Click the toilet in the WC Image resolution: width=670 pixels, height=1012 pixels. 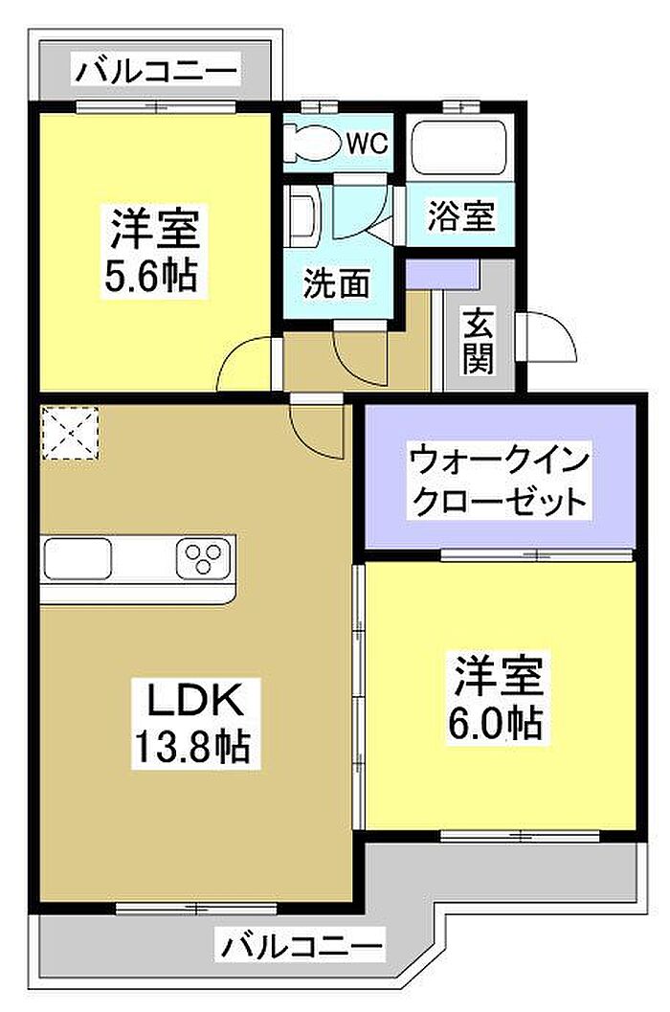click(314, 142)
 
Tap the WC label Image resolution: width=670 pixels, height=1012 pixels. click(367, 144)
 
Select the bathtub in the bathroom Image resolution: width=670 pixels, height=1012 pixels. click(458, 146)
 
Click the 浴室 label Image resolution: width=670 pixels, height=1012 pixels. click(461, 214)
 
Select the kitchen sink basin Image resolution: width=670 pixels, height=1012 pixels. click(78, 558)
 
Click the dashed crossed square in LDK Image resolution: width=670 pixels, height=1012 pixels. click(70, 433)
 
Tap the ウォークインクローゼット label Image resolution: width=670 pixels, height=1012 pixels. click(499, 480)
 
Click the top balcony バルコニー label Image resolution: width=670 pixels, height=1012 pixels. click(156, 70)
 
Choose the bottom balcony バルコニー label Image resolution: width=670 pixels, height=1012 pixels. click(301, 947)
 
